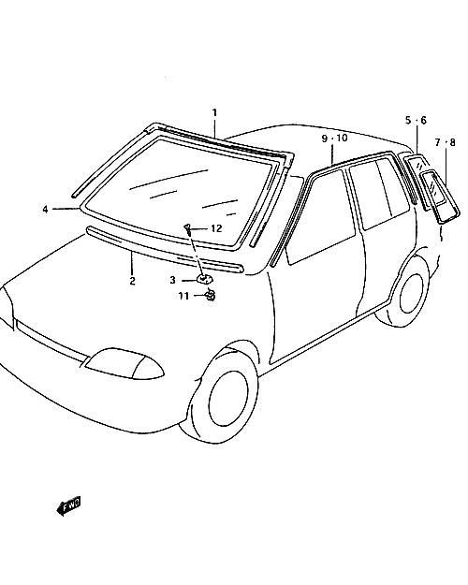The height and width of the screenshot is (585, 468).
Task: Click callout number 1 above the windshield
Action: point(214,112)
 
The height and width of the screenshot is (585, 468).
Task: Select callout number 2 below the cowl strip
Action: point(133,281)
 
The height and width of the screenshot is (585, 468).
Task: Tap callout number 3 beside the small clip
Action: point(172,280)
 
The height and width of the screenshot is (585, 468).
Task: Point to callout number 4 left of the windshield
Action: point(45,210)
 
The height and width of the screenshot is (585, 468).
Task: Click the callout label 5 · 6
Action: point(416,120)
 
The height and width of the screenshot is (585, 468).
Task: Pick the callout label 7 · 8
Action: point(446,142)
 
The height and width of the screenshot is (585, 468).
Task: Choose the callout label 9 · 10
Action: point(335,138)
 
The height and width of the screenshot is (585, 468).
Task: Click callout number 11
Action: point(183,296)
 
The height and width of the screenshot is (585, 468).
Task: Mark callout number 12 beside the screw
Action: point(216,228)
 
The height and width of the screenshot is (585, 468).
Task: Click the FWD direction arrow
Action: point(68,506)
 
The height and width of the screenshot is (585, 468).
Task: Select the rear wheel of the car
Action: point(414,293)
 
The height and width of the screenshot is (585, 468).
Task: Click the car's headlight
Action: point(124,364)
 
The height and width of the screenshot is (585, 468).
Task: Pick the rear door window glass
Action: point(379,194)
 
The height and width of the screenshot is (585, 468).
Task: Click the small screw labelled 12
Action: point(188,228)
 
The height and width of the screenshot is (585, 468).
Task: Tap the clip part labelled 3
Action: point(204,278)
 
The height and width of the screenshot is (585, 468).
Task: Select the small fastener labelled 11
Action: point(210,295)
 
